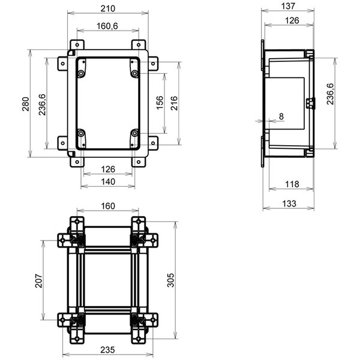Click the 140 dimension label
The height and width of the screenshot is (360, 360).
[x=108, y=181]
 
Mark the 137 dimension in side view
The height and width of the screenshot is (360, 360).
[x=289, y=6]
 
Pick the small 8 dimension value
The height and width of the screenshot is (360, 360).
[x=280, y=116]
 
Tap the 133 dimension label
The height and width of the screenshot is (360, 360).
[x=289, y=203]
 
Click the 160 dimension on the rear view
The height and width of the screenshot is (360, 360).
[x=108, y=206]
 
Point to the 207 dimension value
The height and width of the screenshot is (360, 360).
[x=38, y=281]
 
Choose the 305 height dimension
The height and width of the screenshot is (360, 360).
[x=170, y=281]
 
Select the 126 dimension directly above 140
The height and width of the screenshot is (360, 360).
[x=108, y=169]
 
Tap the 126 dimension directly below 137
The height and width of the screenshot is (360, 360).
[x=292, y=20]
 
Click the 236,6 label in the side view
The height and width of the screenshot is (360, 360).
[x=331, y=94]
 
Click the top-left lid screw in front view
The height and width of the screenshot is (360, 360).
[x=80, y=73]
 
